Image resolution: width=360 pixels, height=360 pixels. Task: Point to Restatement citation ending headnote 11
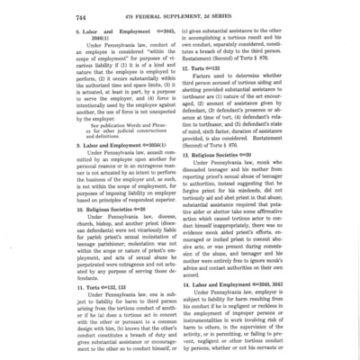pos(235,67)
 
